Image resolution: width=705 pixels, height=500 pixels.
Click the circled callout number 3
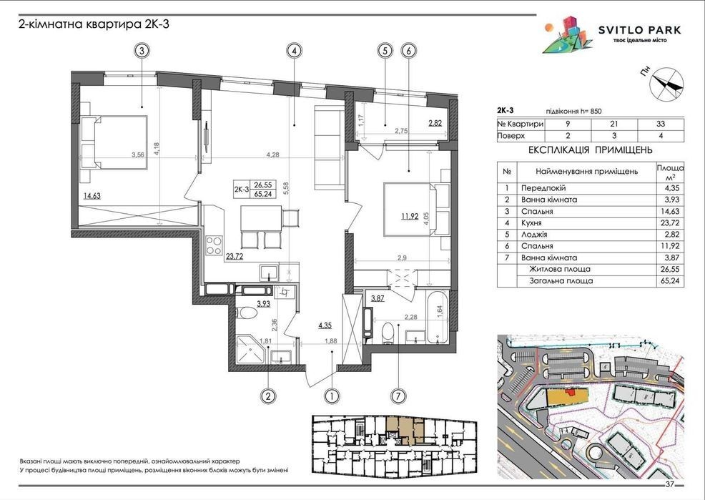point(142,51)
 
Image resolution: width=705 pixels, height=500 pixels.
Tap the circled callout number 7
point(398,396)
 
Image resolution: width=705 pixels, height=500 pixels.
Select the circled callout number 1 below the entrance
point(331,396)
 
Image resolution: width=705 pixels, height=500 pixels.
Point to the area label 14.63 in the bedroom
point(92,195)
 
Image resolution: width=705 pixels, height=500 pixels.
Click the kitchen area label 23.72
point(235,258)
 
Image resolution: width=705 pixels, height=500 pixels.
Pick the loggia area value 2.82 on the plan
point(435,123)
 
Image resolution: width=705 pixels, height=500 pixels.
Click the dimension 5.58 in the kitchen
point(285,187)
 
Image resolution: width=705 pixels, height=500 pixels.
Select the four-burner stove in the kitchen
point(214,245)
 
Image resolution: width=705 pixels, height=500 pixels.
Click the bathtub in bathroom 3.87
point(436,318)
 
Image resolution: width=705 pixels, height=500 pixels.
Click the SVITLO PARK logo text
point(639,30)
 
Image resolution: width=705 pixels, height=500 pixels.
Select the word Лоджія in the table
point(534,234)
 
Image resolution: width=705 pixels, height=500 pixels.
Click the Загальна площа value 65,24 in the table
point(670,281)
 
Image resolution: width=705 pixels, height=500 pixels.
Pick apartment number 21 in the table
point(614,124)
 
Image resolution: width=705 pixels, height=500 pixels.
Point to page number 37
point(670,485)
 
